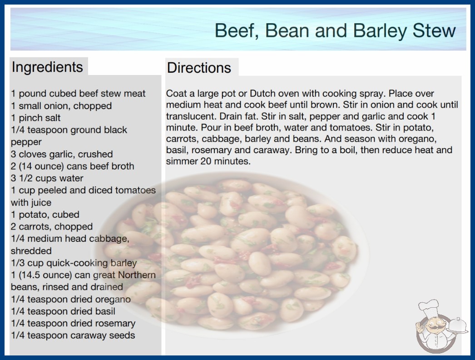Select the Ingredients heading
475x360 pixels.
(47, 67)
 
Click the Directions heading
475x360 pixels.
(199, 68)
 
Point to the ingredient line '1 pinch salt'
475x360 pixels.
(36, 118)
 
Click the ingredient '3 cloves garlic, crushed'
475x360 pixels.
(62, 154)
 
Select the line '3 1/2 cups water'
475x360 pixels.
(47, 178)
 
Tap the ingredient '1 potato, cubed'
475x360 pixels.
(45, 215)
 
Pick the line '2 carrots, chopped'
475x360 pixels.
(52, 227)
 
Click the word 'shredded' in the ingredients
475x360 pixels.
(31, 251)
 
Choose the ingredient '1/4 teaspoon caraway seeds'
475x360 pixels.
(73, 335)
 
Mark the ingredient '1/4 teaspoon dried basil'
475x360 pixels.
(63, 311)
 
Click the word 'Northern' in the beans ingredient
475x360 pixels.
(137, 275)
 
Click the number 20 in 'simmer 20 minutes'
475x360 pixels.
(206, 161)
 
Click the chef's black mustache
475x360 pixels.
(436, 327)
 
